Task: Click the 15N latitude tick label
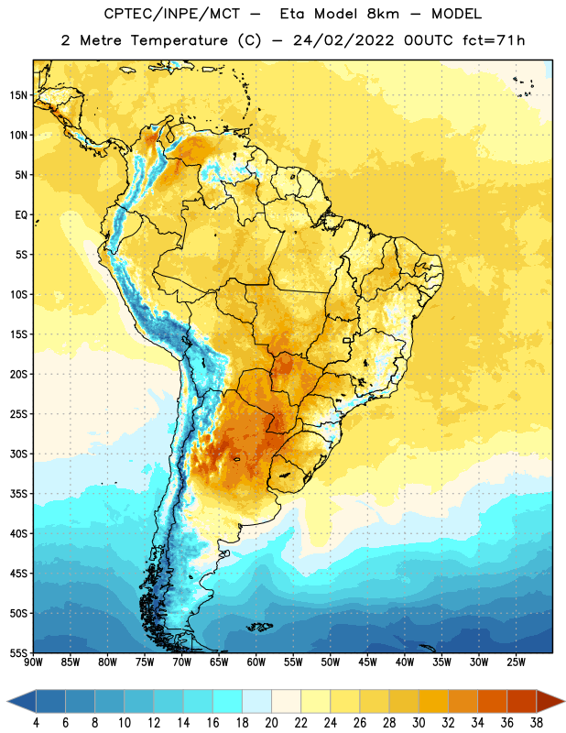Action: click(18, 95)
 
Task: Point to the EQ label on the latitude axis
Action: click(21, 215)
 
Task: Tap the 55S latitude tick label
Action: click(18, 652)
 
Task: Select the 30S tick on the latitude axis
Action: click(18, 454)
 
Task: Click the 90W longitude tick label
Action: click(33, 662)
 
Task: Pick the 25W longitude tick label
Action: click(516, 662)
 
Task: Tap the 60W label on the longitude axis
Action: click(256, 662)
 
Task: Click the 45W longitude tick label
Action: click(367, 662)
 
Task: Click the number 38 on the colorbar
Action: click(537, 723)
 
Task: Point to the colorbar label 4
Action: click(36, 723)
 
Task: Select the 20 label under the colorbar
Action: click(271, 723)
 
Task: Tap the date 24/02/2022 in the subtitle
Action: click(343, 40)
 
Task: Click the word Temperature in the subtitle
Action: click(179, 40)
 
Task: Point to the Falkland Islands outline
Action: click(259, 627)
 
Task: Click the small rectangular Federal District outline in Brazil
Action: click(347, 340)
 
